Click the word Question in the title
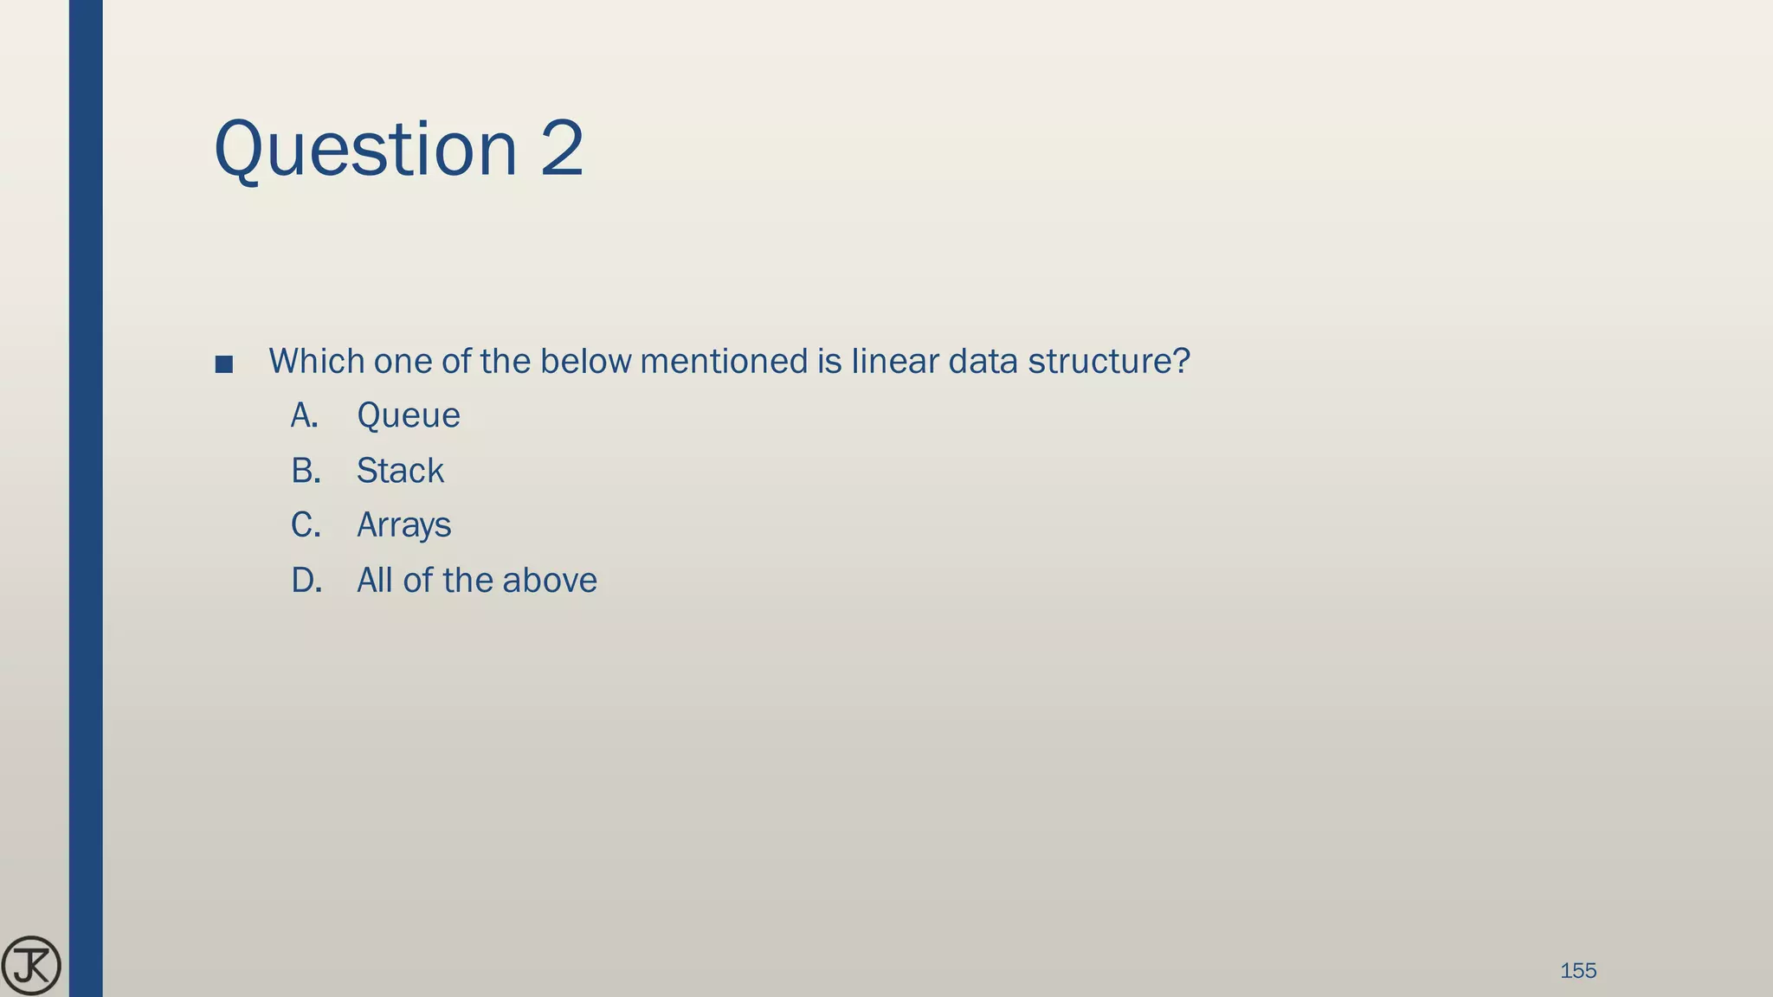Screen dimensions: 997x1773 pos(364,150)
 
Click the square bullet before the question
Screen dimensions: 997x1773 pos(224,364)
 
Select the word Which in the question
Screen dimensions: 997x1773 pos(316,361)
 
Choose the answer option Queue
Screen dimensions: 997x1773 pos(408,416)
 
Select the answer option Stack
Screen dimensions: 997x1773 pos(400,471)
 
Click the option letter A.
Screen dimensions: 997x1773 pos(304,416)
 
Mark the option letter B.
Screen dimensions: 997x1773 pos(305,471)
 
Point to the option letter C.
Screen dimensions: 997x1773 pos(305,525)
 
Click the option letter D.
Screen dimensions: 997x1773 pos(306,581)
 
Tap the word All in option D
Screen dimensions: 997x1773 pos(375,581)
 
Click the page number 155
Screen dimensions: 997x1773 pos(1577,971)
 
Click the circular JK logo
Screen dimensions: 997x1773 pos(31,966)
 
